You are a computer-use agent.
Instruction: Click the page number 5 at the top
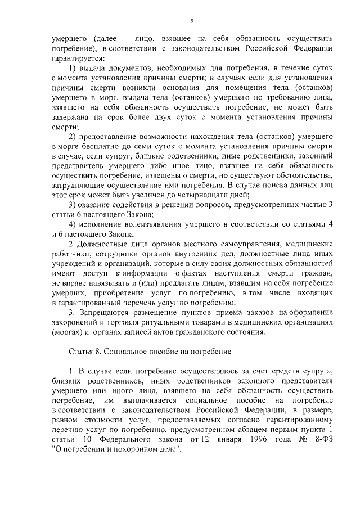(191, 22)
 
